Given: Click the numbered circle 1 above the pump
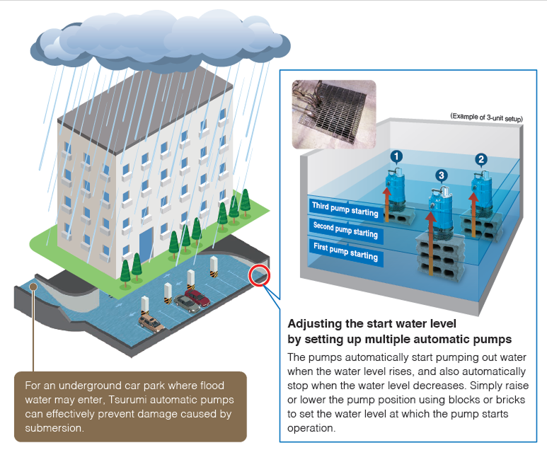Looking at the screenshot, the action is click(x=396, y=156).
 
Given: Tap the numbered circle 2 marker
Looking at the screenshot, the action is click(x=481, y=160).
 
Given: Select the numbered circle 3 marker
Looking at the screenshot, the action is click(x=442, y=175).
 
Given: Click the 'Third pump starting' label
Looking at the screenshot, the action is click(x=345, y=209).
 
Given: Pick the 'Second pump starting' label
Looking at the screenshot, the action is click(x=345, y=230).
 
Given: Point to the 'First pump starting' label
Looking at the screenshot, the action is click(x=345, y=251).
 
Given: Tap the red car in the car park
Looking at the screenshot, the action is click(x=197, y=298).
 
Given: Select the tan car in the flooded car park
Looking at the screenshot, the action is click(x=151, y=323).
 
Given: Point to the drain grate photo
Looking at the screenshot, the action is click(x=334, y=115).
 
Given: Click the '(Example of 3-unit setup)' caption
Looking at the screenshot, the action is click(x=486, y=117).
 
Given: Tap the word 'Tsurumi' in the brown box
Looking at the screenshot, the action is click(x=127, y=400).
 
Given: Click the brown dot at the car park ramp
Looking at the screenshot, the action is click(x=33, y=287).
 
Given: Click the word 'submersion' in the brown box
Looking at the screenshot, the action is click(x=54, y=428).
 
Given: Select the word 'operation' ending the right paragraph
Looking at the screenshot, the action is click(x=310, y=428).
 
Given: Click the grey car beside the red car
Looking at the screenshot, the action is click(x=187, y=304).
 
